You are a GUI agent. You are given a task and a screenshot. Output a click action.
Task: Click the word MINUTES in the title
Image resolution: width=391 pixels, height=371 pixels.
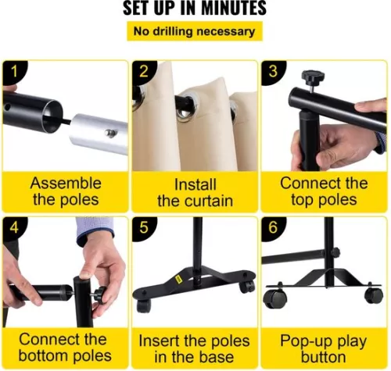234,8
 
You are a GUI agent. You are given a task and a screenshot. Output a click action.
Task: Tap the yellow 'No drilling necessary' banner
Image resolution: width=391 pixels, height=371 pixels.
195,31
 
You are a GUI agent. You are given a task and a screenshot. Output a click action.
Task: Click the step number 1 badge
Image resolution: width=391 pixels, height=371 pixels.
14,72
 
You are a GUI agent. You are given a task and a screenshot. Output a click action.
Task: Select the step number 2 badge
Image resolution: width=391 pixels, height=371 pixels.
144,72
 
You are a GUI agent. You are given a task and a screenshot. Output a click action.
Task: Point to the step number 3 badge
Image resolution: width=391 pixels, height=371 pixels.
273,72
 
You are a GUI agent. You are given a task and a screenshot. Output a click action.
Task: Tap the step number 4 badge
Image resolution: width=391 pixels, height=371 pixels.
14,228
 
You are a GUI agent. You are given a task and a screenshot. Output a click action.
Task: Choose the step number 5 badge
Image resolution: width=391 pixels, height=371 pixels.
144,228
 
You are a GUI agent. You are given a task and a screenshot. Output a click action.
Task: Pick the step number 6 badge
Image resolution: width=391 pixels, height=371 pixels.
273,228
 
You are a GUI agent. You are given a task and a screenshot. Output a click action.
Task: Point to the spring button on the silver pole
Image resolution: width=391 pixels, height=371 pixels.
110,134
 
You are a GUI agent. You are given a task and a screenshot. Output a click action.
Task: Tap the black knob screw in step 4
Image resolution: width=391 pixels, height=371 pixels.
99,294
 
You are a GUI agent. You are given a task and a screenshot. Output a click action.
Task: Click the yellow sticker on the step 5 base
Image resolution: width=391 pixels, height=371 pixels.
178,279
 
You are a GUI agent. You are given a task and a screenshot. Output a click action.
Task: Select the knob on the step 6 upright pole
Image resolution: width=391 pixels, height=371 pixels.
335,252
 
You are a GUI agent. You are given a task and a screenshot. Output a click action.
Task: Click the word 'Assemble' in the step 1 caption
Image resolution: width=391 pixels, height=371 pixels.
66,183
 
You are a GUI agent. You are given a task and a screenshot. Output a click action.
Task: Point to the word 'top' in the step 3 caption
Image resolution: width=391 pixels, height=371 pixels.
303,201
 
